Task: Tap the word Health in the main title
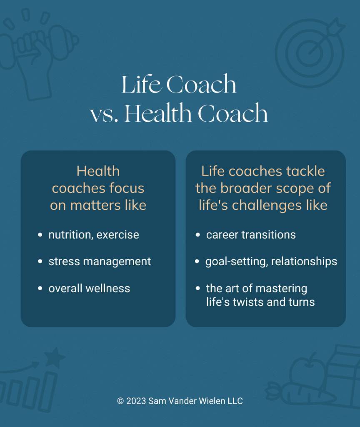point(158,113)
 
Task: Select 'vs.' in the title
point(104,116)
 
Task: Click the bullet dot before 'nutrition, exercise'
point(40,235)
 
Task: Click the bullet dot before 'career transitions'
point(198,235)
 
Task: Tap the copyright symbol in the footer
point(120,401)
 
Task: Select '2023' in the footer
point(136,401)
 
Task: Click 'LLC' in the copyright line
point(235,401)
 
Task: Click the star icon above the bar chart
point(55,357)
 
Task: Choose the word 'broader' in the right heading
point(246,188)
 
